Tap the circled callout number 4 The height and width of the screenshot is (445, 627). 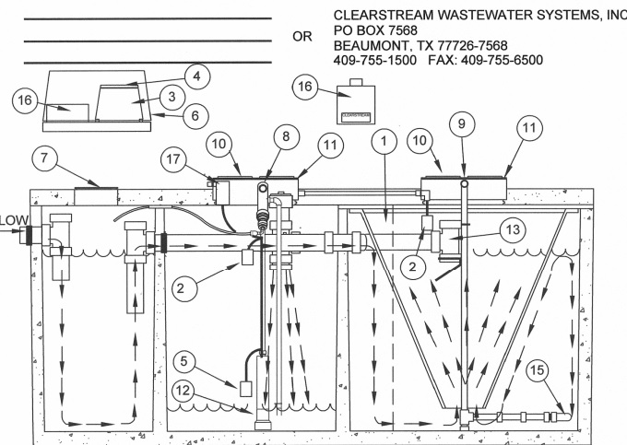coord(196,75)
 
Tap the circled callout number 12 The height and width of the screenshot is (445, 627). coord(183,393)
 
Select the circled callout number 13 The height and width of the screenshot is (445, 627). coord(513,228)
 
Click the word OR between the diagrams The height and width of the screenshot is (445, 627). coord(302,37)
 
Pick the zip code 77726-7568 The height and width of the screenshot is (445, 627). coord(470,46)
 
